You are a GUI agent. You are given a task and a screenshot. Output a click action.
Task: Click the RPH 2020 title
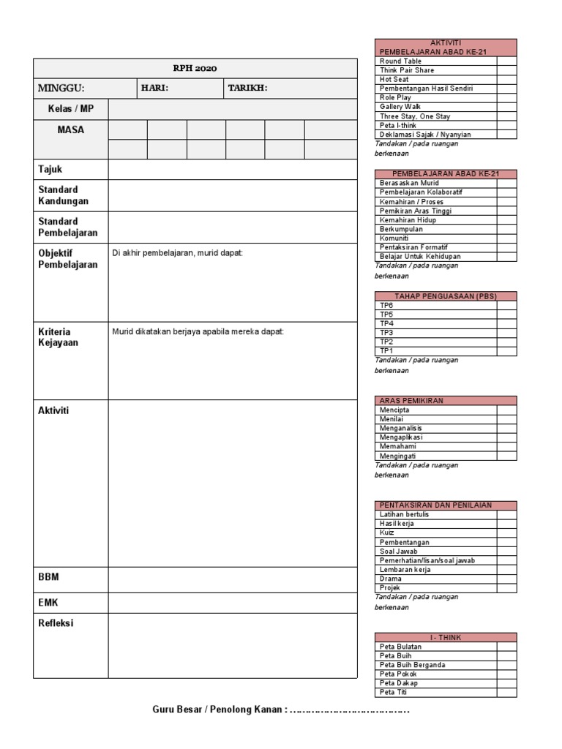tap(195, 69)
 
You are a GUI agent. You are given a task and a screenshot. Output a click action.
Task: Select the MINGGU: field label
tap(61, 89)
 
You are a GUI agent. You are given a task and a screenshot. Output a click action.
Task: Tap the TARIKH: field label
tap(247, 89)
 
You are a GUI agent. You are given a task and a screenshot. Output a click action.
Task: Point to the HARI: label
tap(155, 89)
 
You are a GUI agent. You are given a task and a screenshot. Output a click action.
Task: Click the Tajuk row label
tap(50, 170)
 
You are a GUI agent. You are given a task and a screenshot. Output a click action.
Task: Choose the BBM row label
tap(48, 577)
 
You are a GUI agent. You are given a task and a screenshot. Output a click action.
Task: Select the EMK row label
tap(48, 603)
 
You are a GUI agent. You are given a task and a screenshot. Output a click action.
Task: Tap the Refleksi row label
tap(56, 623)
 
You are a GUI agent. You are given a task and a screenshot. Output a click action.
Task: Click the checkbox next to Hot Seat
tap(507, 79)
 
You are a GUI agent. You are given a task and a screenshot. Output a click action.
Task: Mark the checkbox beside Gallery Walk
tap(507, 107)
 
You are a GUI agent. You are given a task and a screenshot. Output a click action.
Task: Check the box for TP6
tap(507, 305)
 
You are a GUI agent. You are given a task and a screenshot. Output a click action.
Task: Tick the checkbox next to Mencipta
tap(507, 410)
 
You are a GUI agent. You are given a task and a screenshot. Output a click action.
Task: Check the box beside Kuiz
tap(507, 533)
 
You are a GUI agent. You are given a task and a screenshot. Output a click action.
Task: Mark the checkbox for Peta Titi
tap(507, 692)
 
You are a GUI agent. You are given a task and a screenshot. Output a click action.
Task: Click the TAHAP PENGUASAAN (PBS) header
tap(446, 296)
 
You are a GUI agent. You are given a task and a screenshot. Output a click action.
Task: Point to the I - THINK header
tap(446, 638)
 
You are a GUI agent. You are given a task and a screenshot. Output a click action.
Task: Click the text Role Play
tap(396, 97)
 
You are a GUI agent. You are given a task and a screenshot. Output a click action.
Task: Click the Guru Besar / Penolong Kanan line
tap(281, 710)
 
